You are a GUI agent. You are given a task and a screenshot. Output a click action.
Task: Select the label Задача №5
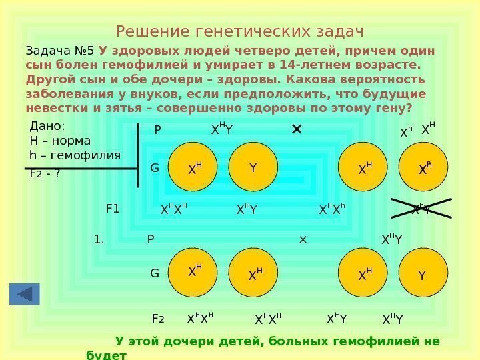[60, 51]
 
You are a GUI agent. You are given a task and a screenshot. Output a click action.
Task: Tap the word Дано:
[48, 127]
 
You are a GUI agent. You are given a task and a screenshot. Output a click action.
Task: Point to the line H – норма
[60, 141]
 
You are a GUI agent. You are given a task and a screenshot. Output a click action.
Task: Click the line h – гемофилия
[75, 155]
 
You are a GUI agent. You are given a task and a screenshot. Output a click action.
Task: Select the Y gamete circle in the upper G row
[253, 167]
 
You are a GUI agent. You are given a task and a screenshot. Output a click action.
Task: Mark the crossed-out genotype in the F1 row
[420, 209]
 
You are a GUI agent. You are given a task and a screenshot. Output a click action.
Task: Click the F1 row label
[113, 209]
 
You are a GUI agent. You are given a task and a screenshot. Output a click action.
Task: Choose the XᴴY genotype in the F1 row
[247, 210]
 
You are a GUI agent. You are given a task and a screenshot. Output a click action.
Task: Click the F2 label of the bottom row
[158, 319]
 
